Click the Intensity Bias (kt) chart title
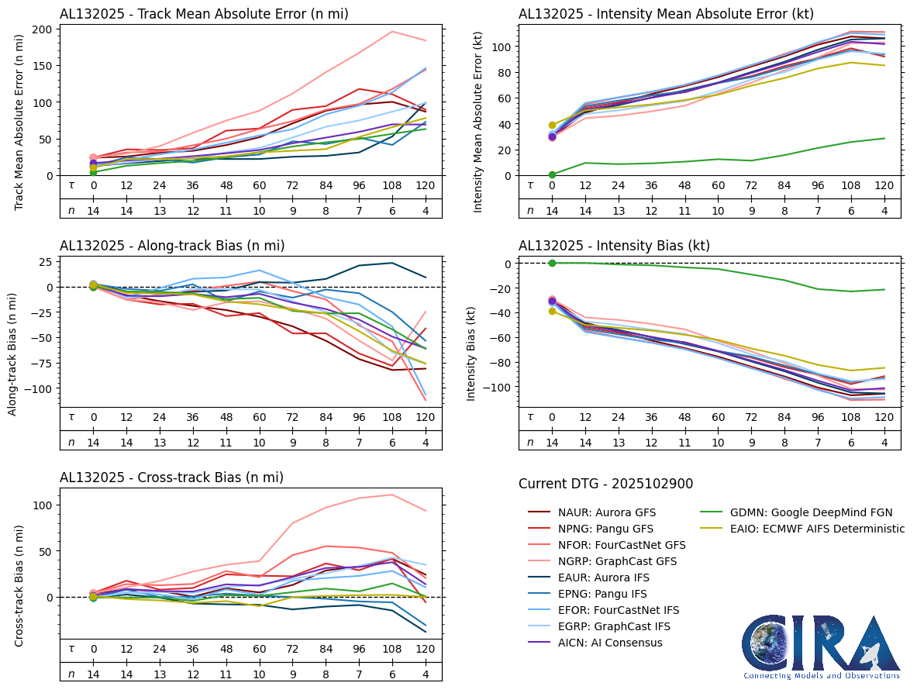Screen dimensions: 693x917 tap(614, 246)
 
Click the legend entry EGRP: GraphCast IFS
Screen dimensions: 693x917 tap(614, 626)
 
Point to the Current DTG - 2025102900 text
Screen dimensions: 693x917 tap(605, 484)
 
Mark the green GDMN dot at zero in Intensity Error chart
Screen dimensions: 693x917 tap(552, 174)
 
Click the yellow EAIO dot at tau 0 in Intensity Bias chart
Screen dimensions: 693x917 tap(552, 311)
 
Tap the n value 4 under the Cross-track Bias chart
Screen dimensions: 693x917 tap(425, 674)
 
